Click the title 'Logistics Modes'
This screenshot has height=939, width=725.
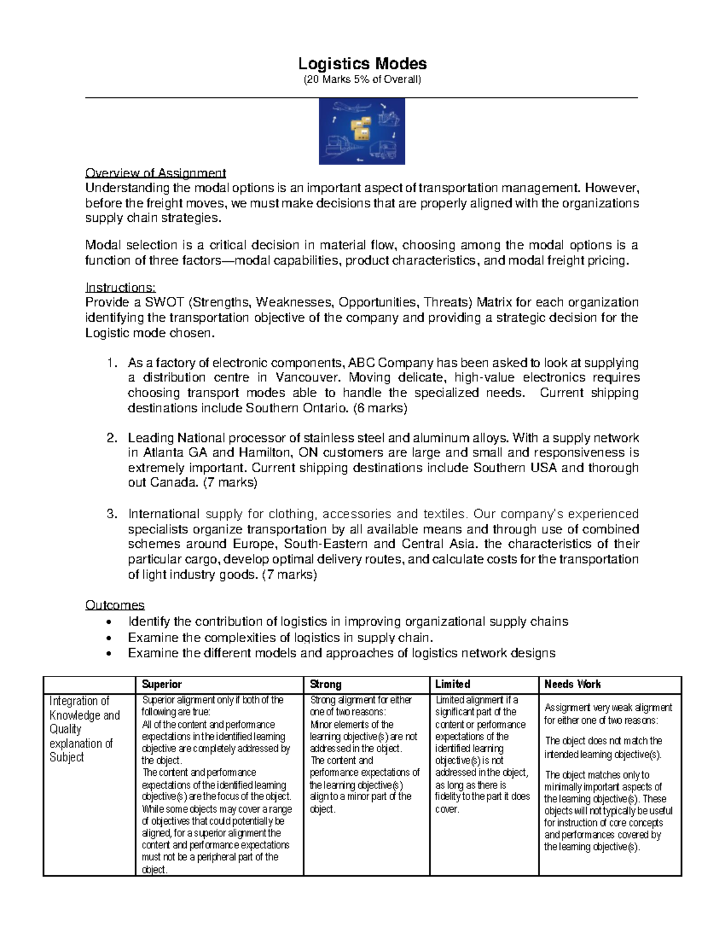coord(362,63)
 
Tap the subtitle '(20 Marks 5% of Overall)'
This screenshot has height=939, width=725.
coord(362,80)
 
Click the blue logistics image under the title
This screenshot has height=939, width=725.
coord(362,131)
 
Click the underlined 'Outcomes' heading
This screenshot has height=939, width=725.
coord(115,605)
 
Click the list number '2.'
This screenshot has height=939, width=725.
coord(111,438)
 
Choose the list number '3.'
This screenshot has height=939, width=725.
coord(111,515)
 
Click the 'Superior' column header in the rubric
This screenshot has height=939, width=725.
coord(161,684)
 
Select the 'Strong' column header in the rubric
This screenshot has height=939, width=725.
coord(325,684)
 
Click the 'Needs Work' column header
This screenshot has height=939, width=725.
coord(572,684)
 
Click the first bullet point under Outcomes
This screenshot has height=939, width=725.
coord(108,622)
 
